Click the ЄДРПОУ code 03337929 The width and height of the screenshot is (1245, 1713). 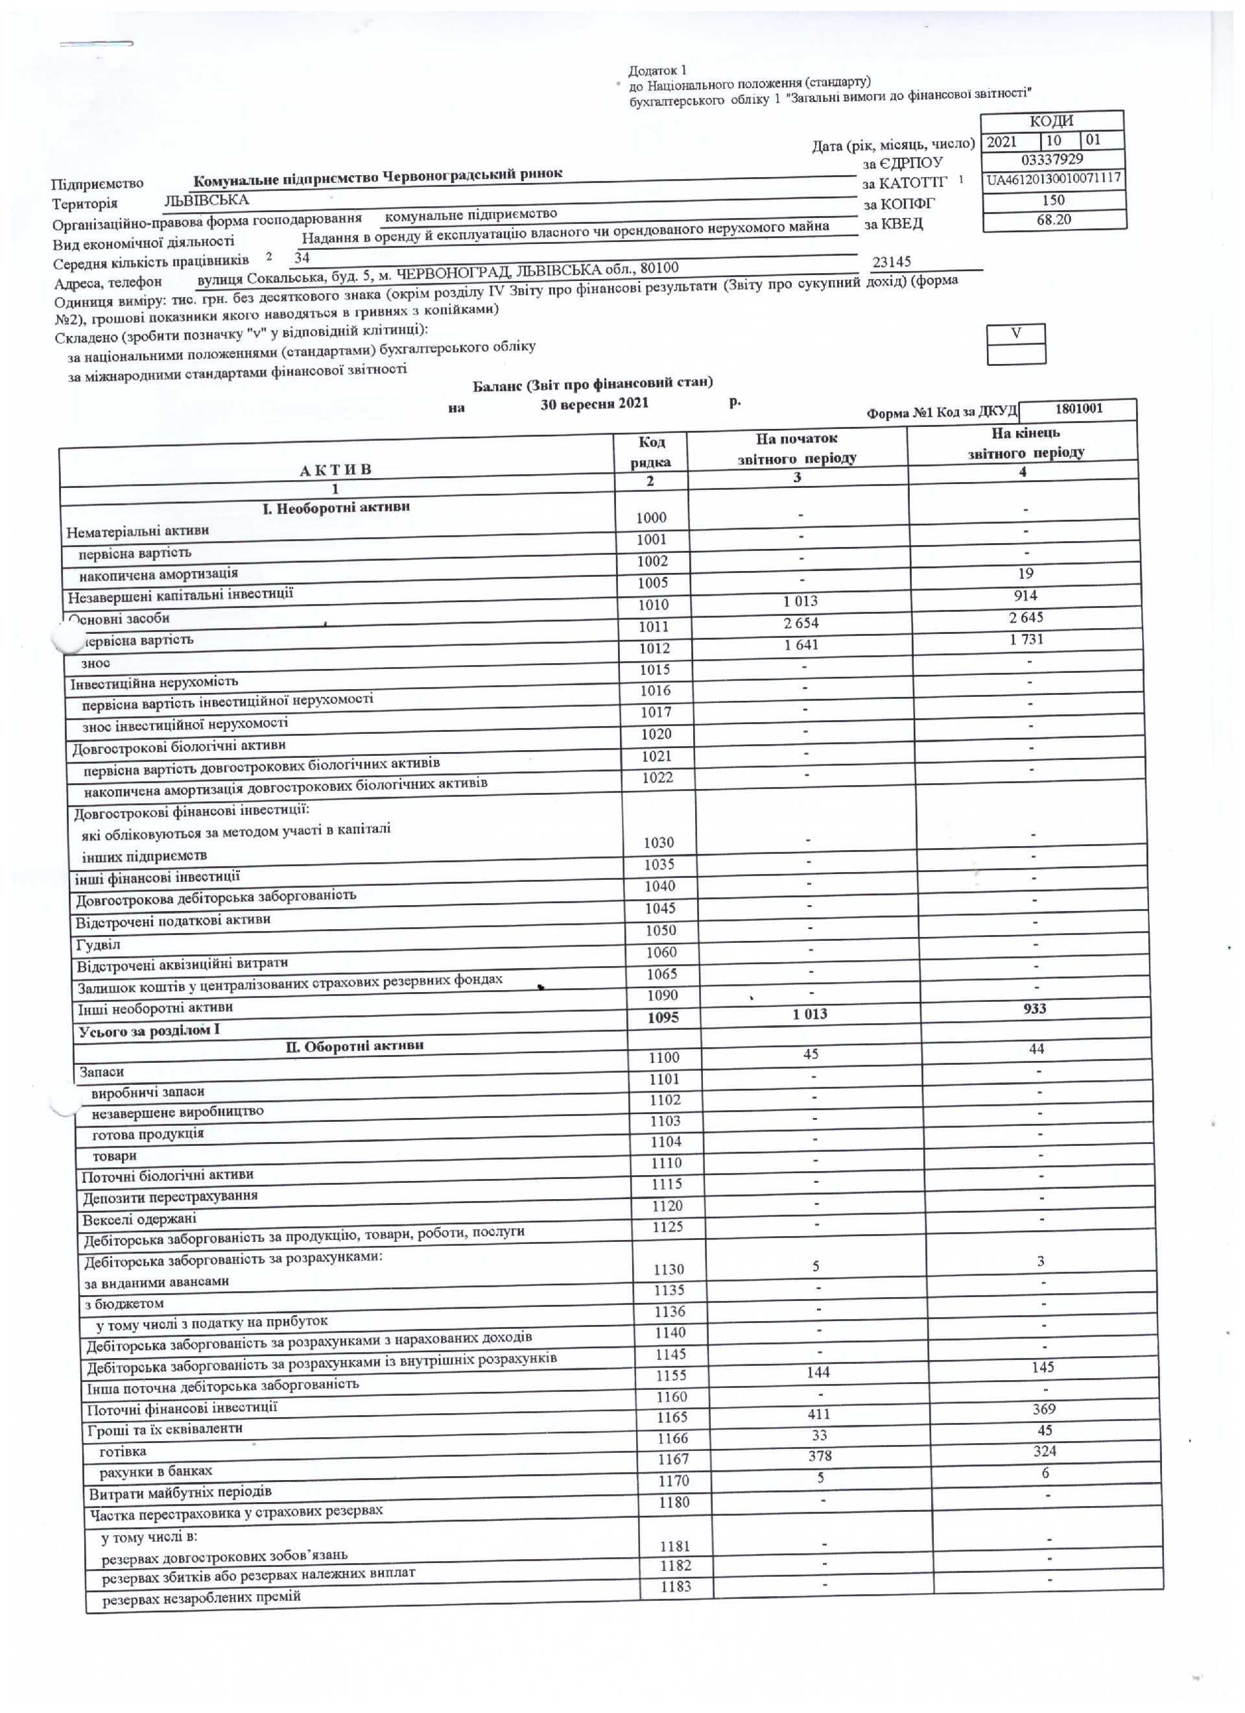tap(1051, 160)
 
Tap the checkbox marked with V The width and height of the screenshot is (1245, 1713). tap(1015, 333)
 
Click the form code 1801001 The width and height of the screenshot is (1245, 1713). tap(1078, 409)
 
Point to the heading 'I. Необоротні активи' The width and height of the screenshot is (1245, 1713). tap(336, 507)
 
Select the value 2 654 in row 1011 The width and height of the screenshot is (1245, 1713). tap(800, 623)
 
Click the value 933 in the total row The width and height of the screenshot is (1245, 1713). tap(1034, 1008)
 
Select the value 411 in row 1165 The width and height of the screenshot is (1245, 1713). tap(818, 1414)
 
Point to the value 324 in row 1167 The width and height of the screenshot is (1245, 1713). tap(1045, 1451)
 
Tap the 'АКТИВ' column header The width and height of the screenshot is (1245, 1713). tap(335, 470)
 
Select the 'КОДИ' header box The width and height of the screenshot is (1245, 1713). tap(1051, 121)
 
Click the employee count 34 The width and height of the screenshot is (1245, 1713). tap(302, 258)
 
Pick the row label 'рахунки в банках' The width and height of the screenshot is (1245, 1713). tap(156, 1470)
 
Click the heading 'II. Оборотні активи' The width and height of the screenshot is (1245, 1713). tap(354, 1046)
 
